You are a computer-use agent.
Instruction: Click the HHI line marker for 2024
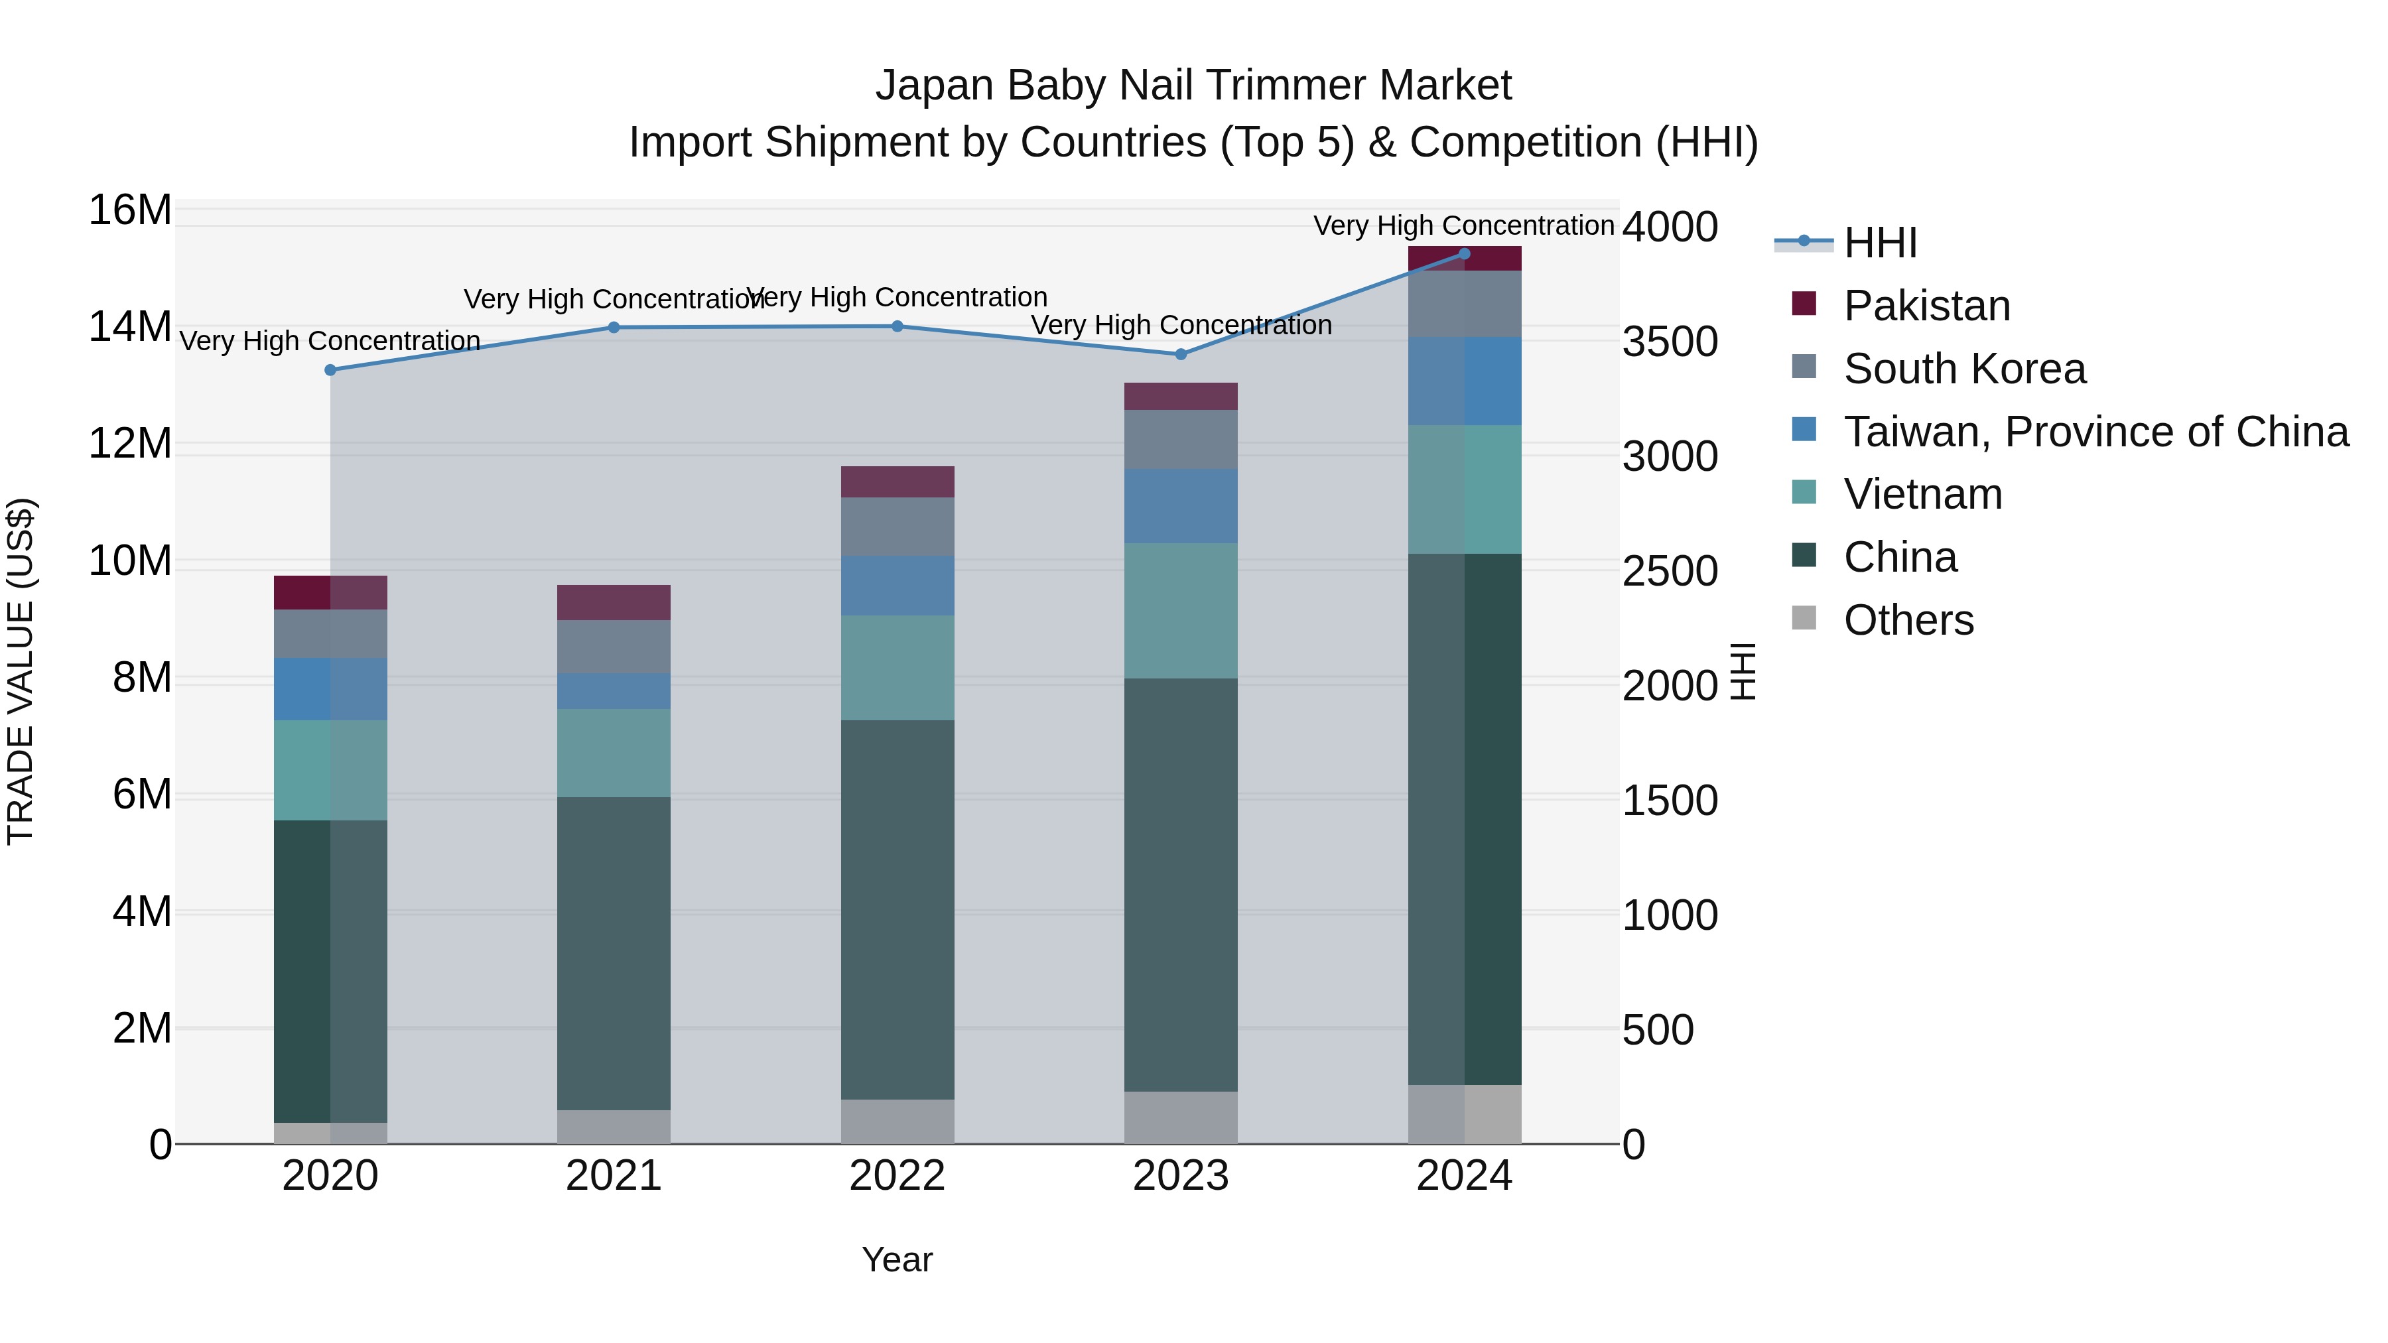(1464, 254)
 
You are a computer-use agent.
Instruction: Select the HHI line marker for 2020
(330, 370)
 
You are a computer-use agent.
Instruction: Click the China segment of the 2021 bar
(614, 953)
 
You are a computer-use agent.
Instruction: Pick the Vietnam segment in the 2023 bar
(1180, 611)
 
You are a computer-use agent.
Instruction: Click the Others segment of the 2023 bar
(1180, 1117)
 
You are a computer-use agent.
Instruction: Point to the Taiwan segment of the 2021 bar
(614, 692)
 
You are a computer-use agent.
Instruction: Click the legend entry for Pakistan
(1926, 306)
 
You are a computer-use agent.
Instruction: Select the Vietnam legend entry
(1922, 494)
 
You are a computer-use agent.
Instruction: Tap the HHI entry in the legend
(1880, 243)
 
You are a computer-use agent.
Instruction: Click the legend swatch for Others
(1804, 617)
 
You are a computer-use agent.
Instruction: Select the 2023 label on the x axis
(1180, 1176)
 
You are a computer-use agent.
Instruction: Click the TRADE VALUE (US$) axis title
(21, 671)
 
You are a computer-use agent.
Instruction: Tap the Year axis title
(896, 1259)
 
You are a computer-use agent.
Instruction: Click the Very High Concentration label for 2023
(1180, 326)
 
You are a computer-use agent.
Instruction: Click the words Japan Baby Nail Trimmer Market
(1193, 86)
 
